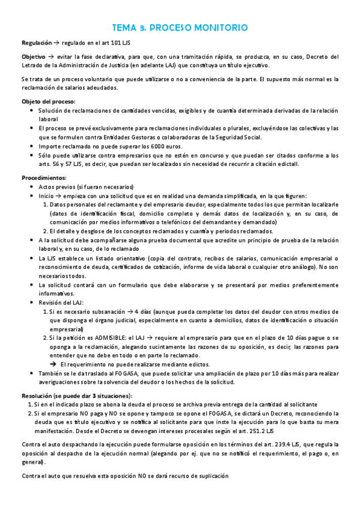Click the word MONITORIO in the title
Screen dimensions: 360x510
pyautogui.click(x=219, y=28)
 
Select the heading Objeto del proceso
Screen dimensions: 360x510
pyautogui.click(x=48, y=101)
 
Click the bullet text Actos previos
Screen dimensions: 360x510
pyautogui.click(x=56, y=187)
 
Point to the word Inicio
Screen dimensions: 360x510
pyautogui.click(x=47, y=196)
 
